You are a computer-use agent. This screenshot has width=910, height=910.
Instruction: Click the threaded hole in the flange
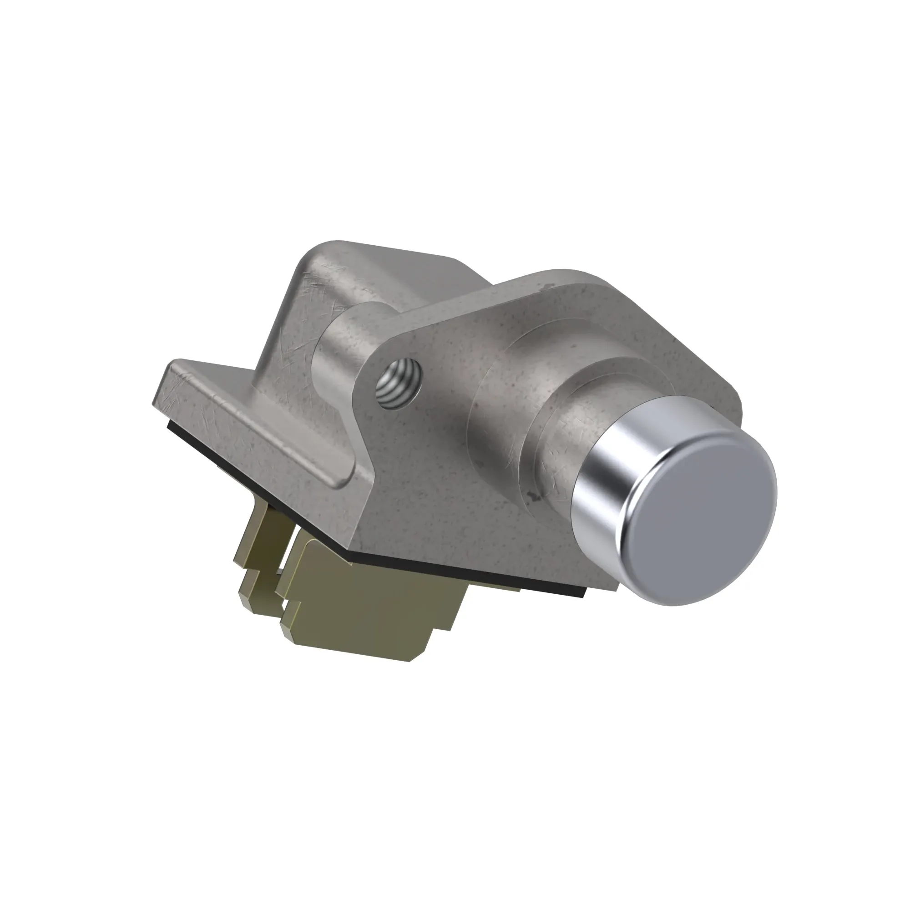[399, 383]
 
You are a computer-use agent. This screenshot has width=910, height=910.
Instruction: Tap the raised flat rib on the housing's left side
[254, 424]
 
